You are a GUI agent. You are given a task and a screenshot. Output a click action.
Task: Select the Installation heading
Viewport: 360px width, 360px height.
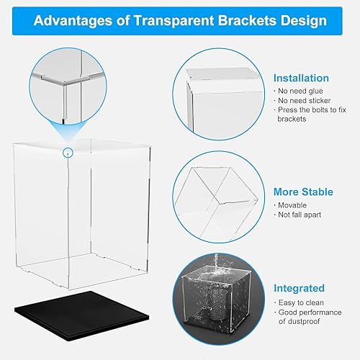click(x=301, y=78)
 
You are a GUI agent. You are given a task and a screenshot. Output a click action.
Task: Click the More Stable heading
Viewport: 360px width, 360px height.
click(x=303, y=192)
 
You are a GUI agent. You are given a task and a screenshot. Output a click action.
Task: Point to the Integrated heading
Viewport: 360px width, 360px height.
click(x=299, y=288)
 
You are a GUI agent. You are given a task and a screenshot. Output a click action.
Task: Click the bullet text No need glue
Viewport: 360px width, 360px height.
click(x=297, y=91)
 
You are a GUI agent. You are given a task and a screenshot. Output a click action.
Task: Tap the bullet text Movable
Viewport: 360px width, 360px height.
click(x=292, y=205)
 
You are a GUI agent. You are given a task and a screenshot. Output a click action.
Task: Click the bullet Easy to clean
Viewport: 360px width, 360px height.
click(x=298, y=301)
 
